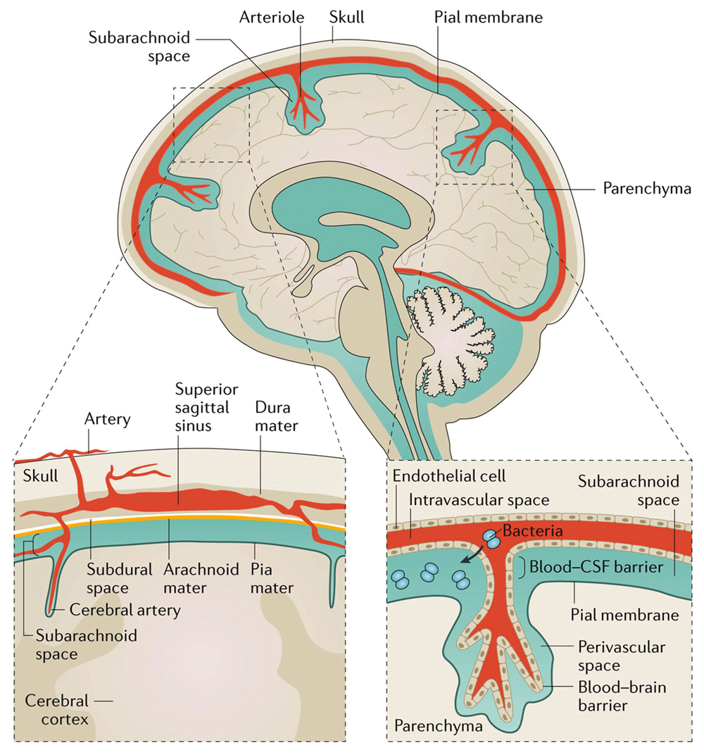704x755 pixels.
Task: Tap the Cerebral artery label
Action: point(125,610)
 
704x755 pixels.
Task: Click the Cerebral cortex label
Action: point(56,710)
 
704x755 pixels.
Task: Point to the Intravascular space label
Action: point(478,501)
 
